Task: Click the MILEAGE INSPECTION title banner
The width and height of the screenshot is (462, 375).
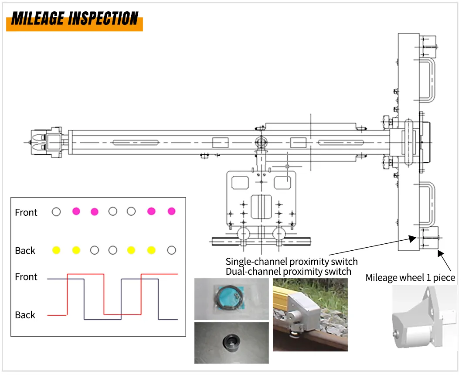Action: coord(74,19)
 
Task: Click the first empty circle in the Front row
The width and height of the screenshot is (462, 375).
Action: coord(56,212)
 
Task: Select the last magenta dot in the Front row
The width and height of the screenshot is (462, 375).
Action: coord(171,211)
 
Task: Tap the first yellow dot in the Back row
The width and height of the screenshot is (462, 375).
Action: coord(56,250)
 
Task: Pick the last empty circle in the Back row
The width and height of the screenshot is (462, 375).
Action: coord(172,250)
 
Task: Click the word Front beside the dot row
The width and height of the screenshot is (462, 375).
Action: coord(26,212)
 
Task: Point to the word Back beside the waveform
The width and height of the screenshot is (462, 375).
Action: coord(25,315)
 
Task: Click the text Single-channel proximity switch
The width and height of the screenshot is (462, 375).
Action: coord(291,262)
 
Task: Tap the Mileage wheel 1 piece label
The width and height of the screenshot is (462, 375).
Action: coord(410,277)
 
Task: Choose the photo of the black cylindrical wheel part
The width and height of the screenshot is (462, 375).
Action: coord(231,343)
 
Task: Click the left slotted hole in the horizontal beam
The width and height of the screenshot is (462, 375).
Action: coord(136,142)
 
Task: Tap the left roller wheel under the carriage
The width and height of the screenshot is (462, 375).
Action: coord(243,234)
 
